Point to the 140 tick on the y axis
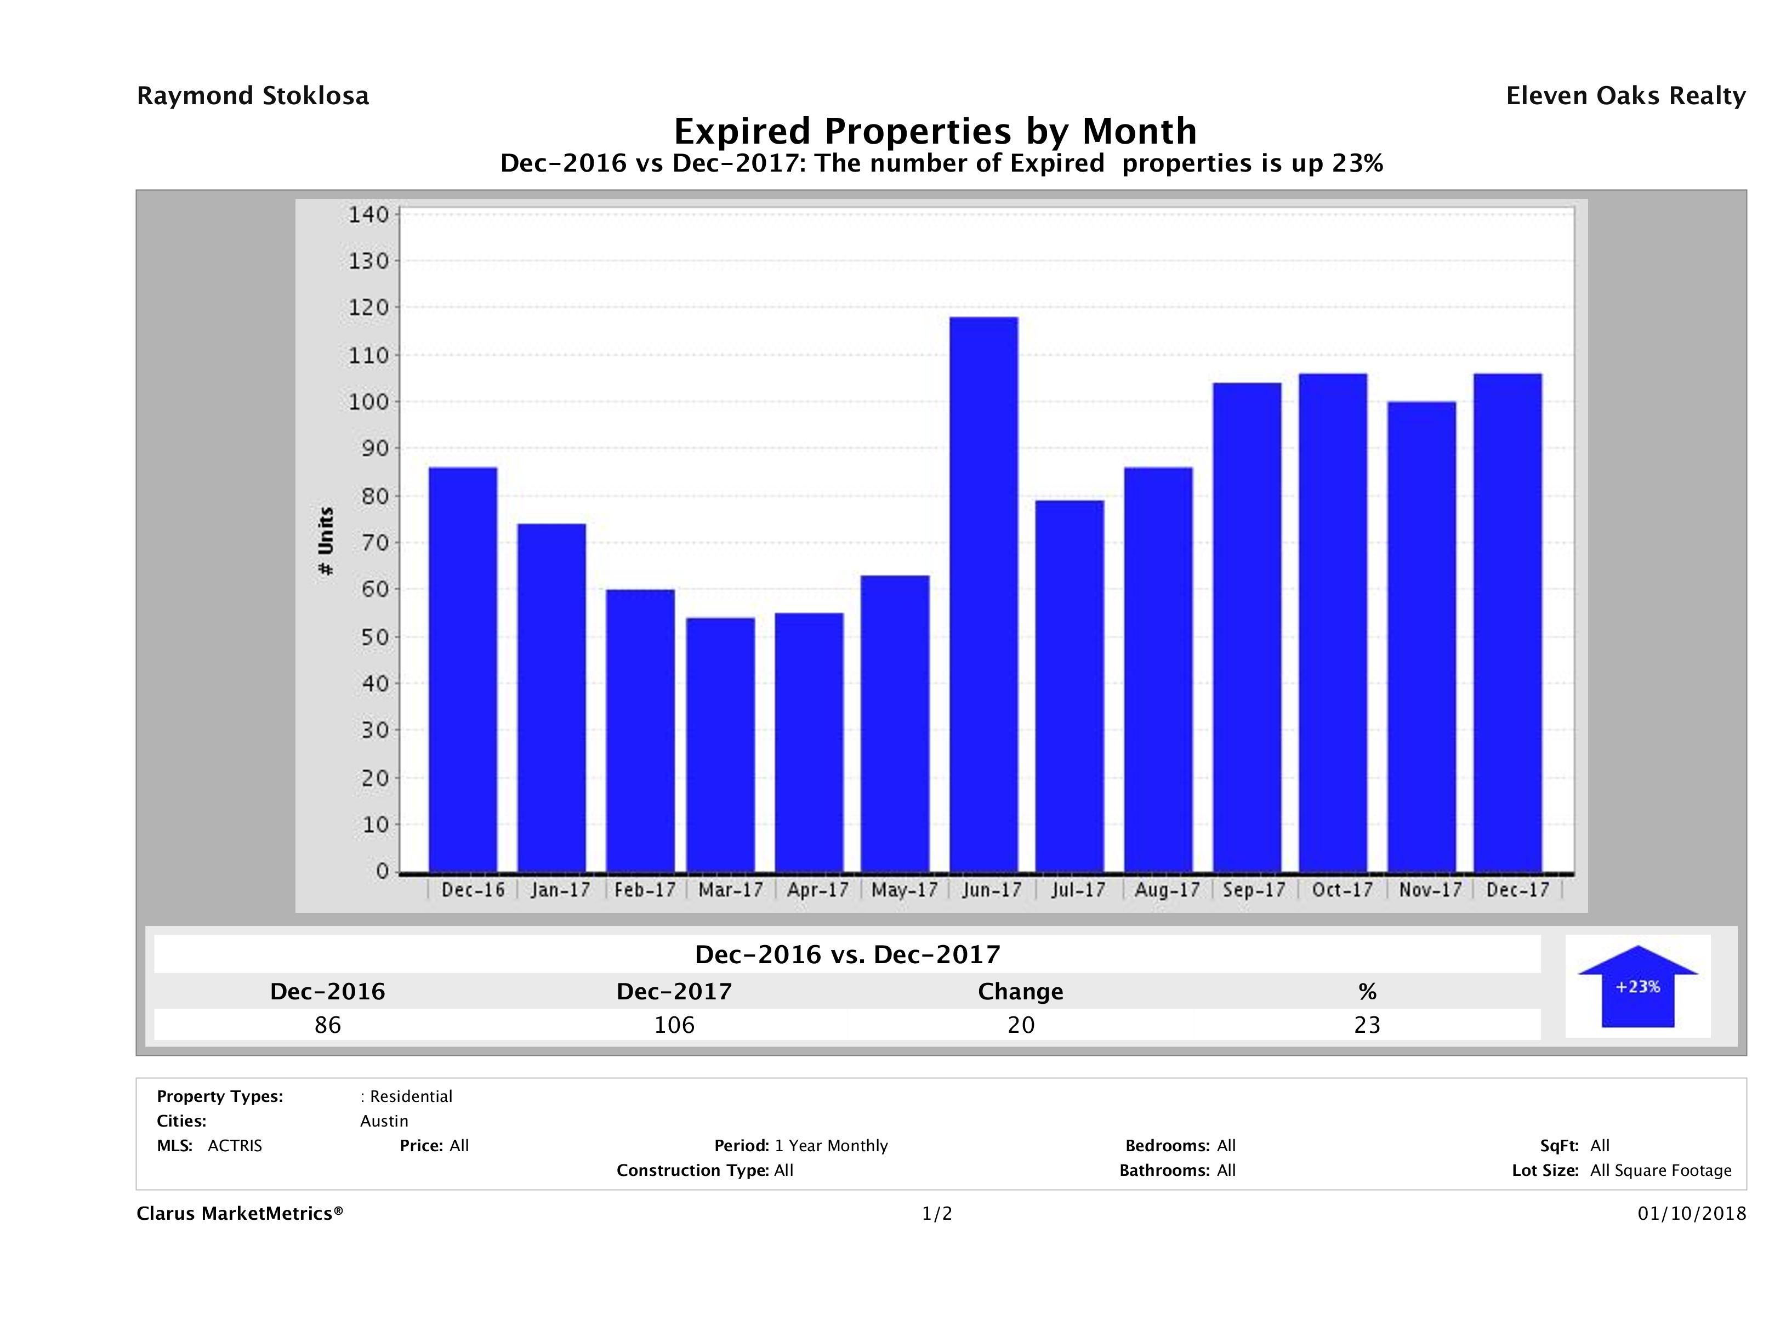[x=368, y=214]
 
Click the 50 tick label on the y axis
[x=368, y=638]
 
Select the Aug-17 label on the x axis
[x=1167, y=890]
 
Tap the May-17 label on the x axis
[x=904, y=890]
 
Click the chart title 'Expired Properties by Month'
[x=935, y=131]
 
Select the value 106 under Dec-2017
[x=674, y=1025]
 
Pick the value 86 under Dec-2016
[x=328, y=1025]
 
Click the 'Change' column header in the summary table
[x=1021, y=992]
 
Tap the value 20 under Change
[x=1021, y=1025]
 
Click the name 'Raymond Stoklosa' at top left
[x=253, y=96]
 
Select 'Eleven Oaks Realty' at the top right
[x=1625, y=96]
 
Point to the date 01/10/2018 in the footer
[x=1691, y=1214]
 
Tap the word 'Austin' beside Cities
[x=384, y=1121]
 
